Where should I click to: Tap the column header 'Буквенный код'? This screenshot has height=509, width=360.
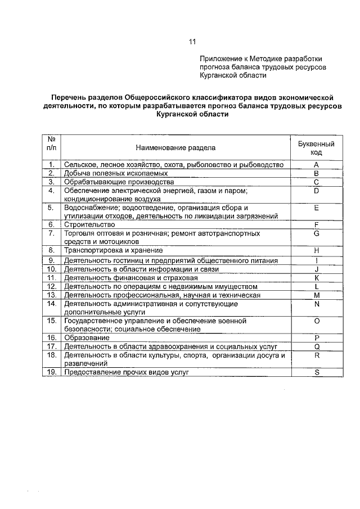(x=316, y=148)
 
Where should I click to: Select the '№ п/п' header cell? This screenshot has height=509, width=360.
(x=51, y=143)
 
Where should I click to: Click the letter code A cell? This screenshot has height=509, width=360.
(x=316, y=165)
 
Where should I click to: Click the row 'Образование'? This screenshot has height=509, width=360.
(x=87, y=337)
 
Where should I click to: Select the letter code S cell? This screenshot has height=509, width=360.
(x=316, y=372)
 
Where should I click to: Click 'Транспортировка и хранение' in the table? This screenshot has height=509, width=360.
(x=113, y=250)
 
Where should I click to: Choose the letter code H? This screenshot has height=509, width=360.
(x=316, y=250)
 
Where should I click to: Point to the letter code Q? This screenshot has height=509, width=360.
(x=316, y=346)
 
